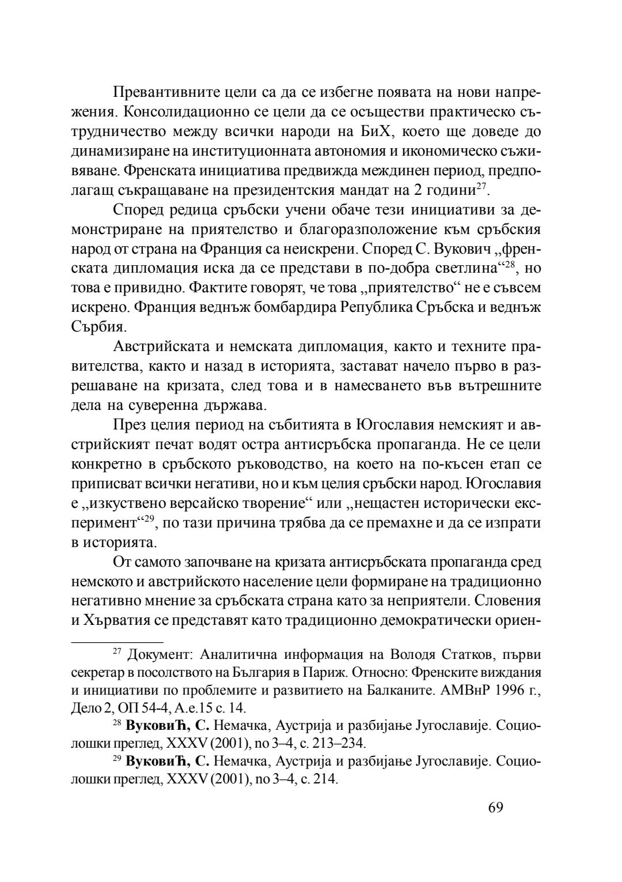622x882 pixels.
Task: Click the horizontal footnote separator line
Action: point(117,641)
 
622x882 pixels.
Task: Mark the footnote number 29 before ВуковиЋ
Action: point(116,757)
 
